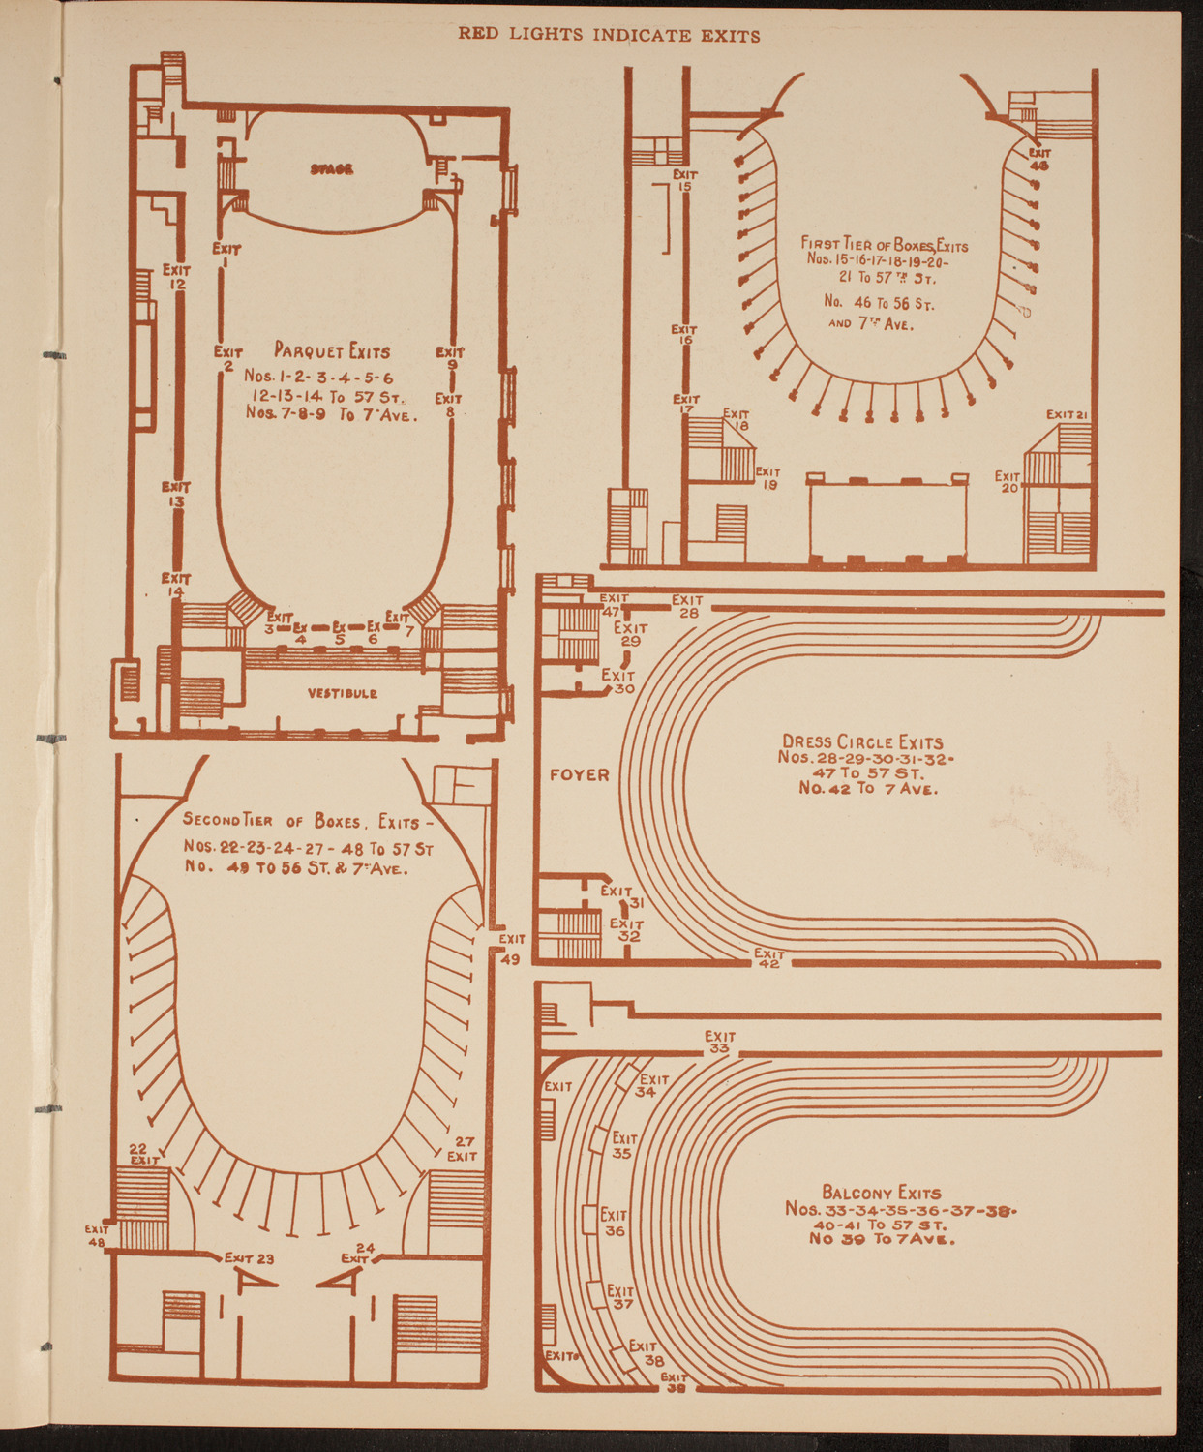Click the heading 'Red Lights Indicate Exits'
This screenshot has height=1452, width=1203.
click(609, 36)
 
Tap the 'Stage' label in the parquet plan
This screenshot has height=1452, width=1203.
click(332, 169)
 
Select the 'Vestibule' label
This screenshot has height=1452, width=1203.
click(343, 693)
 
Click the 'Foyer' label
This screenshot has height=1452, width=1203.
click(579, 775)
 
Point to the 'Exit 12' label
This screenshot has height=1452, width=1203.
click(176, 278)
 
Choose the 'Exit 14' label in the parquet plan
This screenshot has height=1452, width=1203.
click(176, 585)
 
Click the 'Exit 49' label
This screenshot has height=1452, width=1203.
click(511, 949)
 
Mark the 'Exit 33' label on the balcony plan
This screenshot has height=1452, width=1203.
click(719, 1042)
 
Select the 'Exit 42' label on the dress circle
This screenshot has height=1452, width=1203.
click(769, 958)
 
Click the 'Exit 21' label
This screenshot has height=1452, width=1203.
click(1068, 415)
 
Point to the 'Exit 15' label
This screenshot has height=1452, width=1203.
click(685, 180)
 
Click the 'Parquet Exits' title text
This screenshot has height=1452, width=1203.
click(332, 351)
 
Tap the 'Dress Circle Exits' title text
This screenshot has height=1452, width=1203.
click(862, 742)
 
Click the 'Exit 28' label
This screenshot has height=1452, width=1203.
click(687, 606)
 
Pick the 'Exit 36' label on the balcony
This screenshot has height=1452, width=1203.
click(615, 1223)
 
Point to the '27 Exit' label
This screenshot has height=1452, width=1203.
click(462, 1149)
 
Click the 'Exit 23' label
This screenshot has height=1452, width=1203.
click(250, 1258)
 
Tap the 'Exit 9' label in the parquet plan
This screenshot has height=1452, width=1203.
click(450, 358)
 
